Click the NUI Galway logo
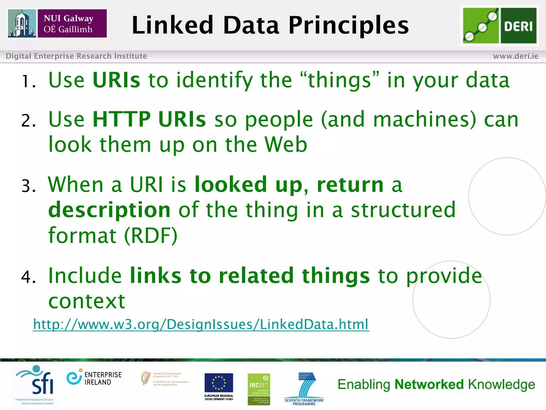pos(57,23)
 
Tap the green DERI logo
pos(499,26)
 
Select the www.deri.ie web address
pos(516,56)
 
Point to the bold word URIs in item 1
pos(116,80)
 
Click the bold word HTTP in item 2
pos(122,119)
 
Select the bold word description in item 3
pos(109,210)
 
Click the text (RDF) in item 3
pos(151,235)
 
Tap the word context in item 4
pos(87,301)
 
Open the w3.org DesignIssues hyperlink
pos(201,324)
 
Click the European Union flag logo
pos(219,383)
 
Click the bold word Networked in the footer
pos(429,384)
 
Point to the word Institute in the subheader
pos(130,56)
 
